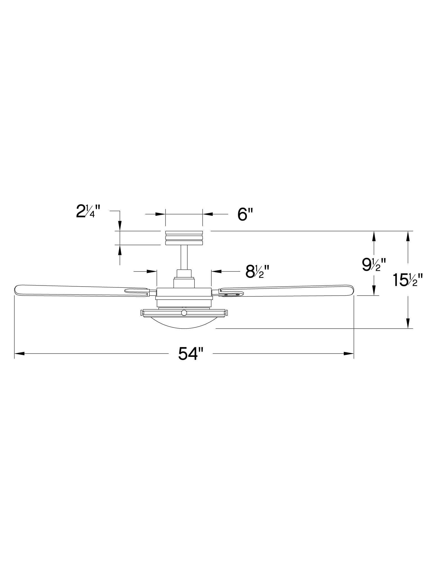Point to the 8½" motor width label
257,271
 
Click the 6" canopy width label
245,215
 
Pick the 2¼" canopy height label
88,212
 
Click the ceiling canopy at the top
184,238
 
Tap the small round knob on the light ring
184,313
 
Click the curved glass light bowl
184,322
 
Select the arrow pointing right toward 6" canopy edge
160,214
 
